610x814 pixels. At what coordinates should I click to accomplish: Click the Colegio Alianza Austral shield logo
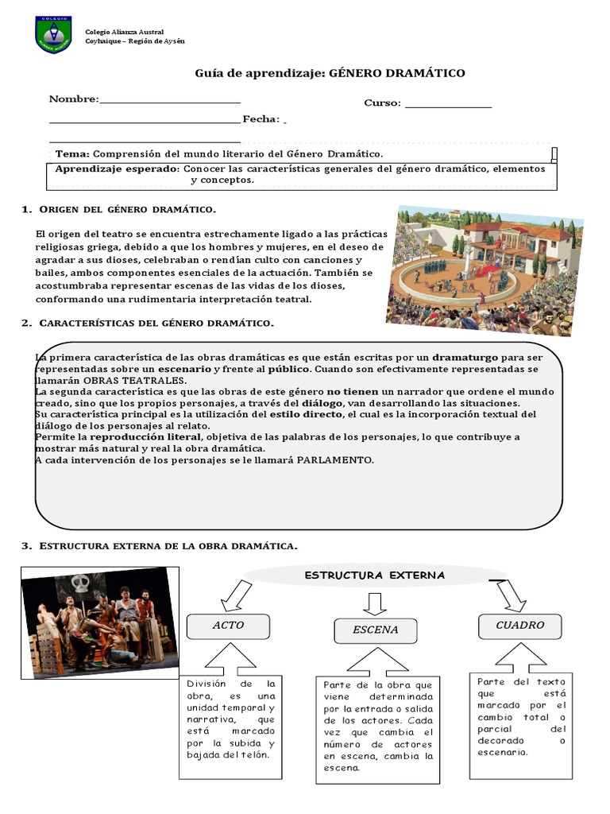[53, 33]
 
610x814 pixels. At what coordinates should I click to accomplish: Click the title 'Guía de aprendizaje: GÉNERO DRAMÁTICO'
[330, 73]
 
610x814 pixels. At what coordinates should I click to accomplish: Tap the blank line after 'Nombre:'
[170, 100]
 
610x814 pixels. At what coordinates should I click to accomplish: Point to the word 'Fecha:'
[261, 119]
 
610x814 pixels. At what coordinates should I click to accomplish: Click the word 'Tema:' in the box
[73, 153]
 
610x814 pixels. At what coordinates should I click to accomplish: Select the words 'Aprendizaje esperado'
[117, 169]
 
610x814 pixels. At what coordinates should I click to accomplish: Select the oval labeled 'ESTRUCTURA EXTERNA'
[375, 576]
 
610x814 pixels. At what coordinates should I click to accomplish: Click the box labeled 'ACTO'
[227, 626]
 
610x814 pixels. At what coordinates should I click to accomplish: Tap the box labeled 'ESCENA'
[375, 630]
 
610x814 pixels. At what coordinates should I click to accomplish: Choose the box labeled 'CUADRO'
[519, 626]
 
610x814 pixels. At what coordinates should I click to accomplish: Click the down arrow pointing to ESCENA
[374, 603]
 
